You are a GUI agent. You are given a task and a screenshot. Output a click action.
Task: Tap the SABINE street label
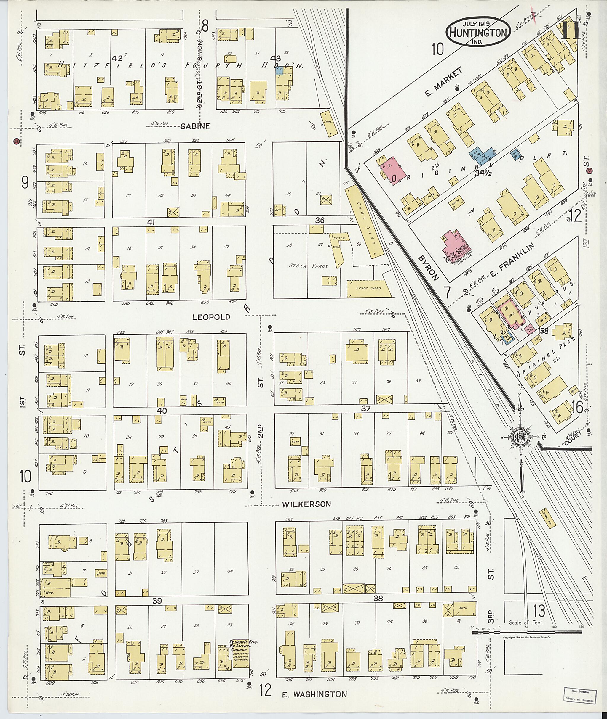pos(195,126)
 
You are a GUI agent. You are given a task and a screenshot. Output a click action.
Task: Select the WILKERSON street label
pos(306,504)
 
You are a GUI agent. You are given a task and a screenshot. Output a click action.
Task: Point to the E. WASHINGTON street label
pos(314,694)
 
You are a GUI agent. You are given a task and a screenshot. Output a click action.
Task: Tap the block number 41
pos(151,222)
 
